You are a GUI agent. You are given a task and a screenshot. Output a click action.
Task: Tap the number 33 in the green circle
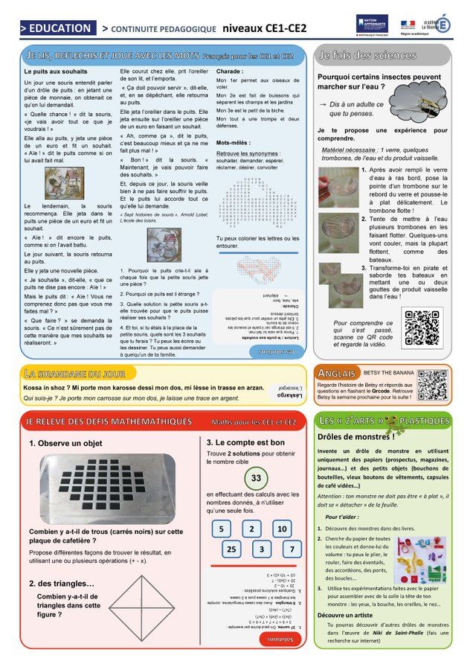255,477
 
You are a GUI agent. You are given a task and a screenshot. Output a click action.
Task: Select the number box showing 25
231,549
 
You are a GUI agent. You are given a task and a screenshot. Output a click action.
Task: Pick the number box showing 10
281,529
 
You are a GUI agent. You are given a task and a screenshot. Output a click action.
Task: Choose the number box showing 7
292,549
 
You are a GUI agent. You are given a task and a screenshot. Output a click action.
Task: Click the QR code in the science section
422,327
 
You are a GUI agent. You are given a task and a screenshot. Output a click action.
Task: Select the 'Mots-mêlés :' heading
236,142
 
